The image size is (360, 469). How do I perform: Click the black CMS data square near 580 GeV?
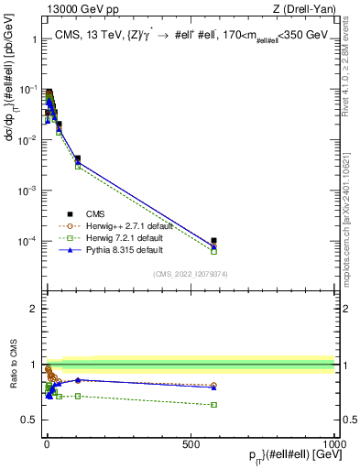click(213, 241)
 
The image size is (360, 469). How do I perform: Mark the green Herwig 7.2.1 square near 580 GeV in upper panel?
click(213, 251)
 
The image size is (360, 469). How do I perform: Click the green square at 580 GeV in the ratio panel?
click(213, 404)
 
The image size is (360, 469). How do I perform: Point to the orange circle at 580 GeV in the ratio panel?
click(213, 386)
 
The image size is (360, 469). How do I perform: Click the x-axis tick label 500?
click(191, 444)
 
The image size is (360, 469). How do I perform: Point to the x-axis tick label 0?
click(46, 444)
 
